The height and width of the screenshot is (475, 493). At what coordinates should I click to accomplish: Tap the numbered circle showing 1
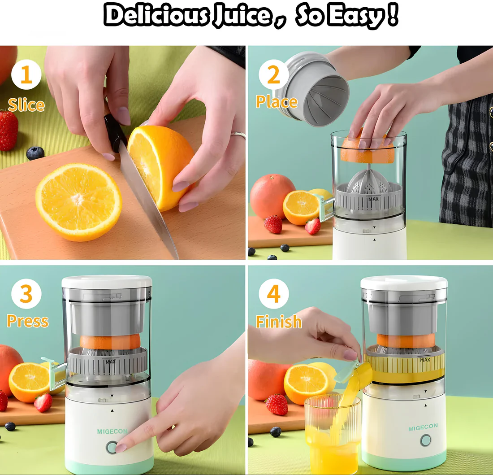click(x=26, y=75)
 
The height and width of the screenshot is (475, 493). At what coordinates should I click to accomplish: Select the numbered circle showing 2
click(x=273, y=75)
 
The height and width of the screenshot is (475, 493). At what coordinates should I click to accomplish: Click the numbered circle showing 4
click(x=273, y=294)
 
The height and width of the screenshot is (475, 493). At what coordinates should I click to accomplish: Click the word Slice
click(x=26, y=105)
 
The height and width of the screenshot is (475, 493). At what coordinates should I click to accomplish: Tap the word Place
click(x=277, y=102)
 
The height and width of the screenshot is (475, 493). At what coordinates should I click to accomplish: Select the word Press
click(x=27, y=321)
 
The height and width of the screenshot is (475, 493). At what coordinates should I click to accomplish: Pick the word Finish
click(x=278, y=322)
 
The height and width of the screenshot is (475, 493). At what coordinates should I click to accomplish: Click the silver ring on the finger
click(x=238, y=135)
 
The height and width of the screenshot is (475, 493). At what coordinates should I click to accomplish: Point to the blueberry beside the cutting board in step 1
click(x=35, y=153)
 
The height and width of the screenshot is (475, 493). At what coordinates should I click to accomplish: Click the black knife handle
click(x=114, y=132)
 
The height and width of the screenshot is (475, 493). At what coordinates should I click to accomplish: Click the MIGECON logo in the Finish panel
click(x=423, y=427)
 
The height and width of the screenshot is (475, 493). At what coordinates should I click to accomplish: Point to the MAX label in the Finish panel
click(x=425, y=360)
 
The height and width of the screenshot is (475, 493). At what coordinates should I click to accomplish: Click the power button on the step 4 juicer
click(x=425, y=440)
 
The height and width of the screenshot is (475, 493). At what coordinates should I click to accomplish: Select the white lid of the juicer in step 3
click(x=107, y=282)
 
